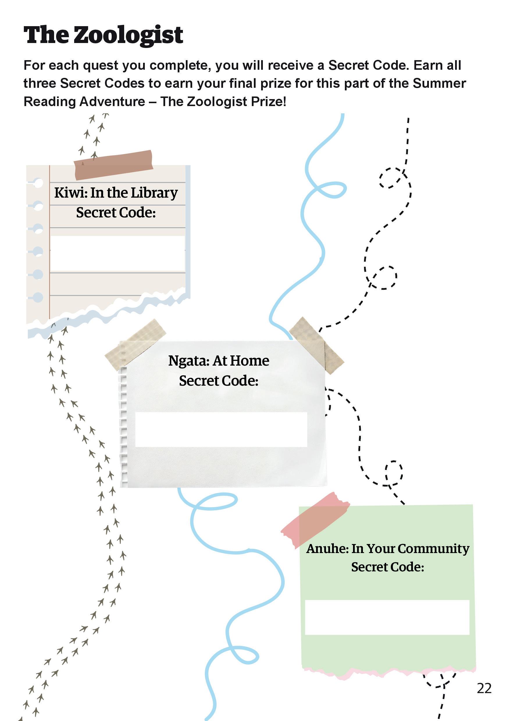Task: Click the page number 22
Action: coord(484,689)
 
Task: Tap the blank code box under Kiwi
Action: coord(117,253)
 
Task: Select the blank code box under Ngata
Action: coord(221,430)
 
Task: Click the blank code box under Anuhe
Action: coord(387,617)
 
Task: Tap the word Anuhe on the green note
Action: coord(327,549)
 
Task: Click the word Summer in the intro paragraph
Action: coord(439,83)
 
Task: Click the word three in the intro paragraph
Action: coord(40,83)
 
